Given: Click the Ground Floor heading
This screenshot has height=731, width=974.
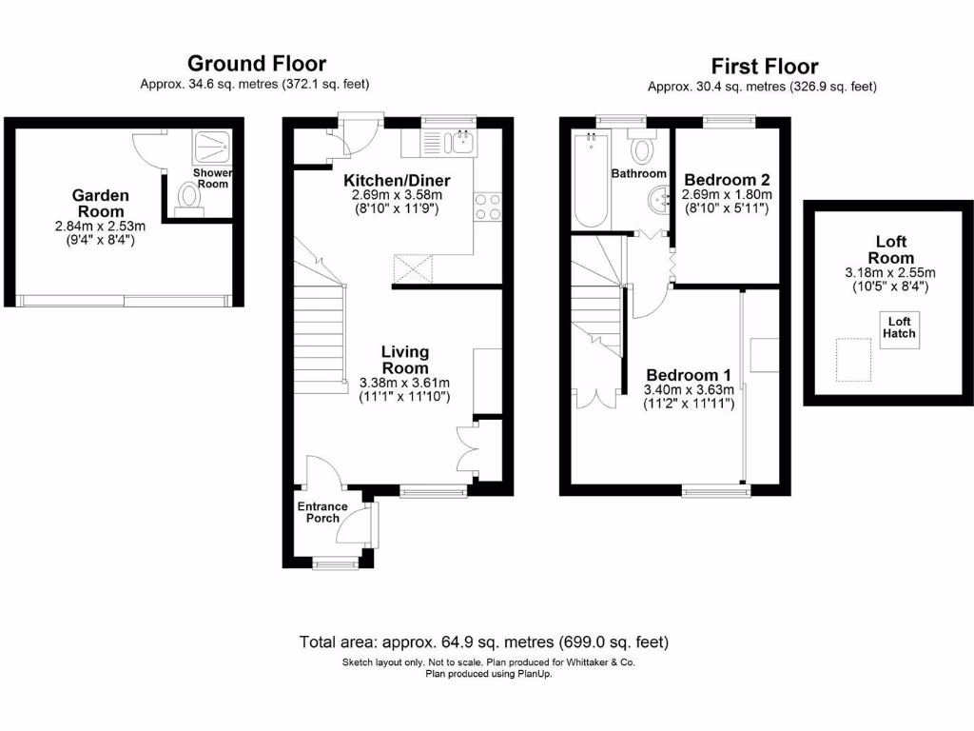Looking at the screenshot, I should click(256, 64).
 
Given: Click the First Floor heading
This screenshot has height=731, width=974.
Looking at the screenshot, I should click(764, 67).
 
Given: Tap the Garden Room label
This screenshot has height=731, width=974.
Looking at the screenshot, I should click(100, 203).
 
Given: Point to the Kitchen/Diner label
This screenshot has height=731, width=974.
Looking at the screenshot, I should click(397, 181).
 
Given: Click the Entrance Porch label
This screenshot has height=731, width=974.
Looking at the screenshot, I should click(322, 512).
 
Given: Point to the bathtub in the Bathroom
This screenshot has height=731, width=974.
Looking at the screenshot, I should click(591, 181).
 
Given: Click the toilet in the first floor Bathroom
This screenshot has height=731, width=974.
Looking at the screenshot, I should click(643, 150).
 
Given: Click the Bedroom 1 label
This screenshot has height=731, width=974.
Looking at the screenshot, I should click(690, 374).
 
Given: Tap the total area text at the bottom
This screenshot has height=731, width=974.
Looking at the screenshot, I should click(489, 641).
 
